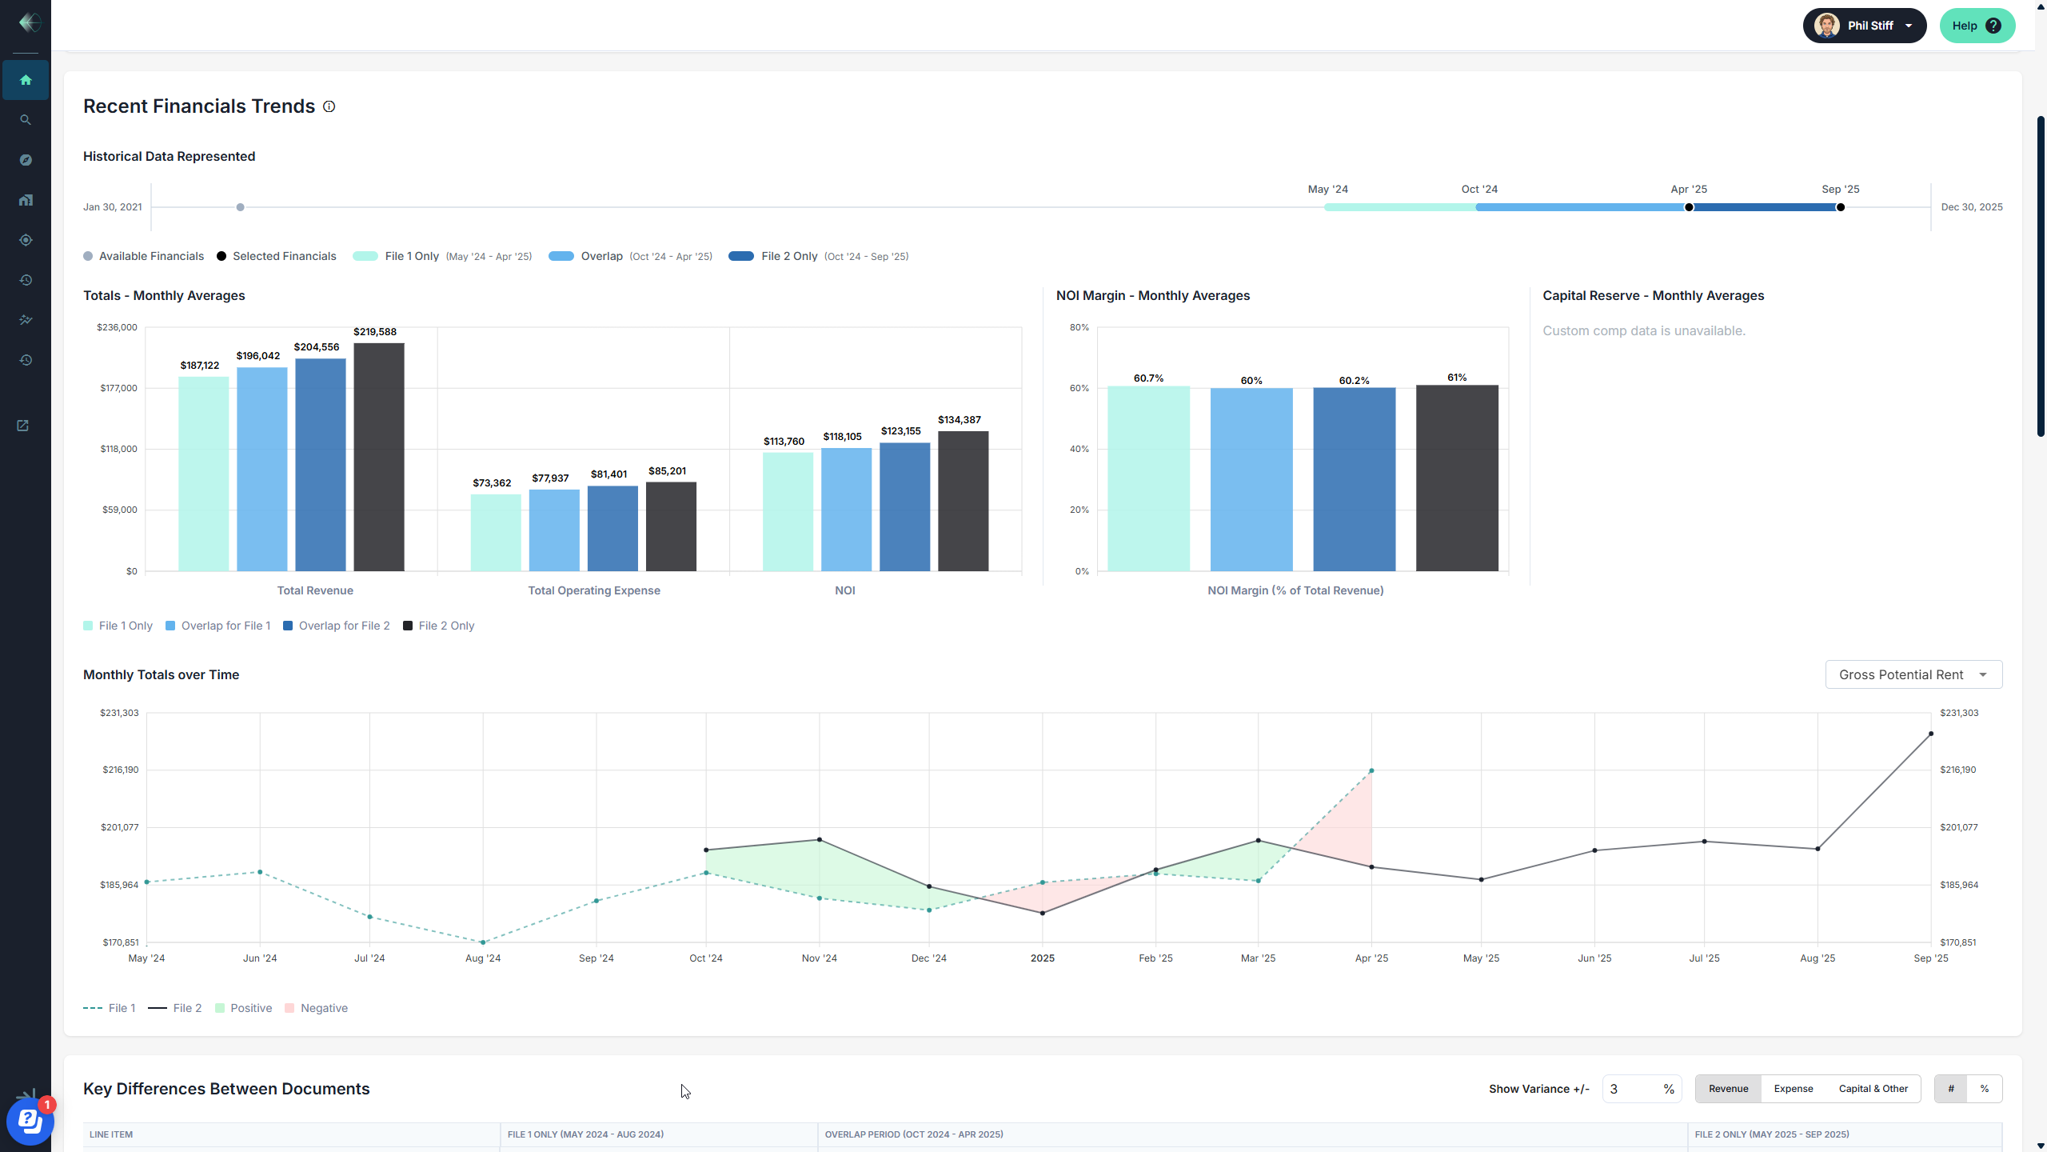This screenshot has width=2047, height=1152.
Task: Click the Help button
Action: pos(1976,26)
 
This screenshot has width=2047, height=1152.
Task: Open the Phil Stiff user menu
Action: pos(1864,26)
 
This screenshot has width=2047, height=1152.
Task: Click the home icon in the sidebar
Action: pos(26,80)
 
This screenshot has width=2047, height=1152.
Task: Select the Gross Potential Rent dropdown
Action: pos(1913,674)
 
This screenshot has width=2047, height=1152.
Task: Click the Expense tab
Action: pos(1793,1089)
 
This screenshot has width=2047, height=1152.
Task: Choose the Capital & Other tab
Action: pos(1873,1089)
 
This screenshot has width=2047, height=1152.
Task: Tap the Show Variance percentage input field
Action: pos(1632,1089)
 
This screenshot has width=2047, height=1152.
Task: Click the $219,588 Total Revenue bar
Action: pos(379,457)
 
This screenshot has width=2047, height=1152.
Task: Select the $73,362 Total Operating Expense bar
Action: pos(496,532)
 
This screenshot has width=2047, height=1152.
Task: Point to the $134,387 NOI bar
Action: pos(963,501)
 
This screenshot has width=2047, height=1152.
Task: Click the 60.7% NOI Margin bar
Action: pos(1148,478)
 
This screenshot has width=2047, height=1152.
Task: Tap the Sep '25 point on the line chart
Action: pos(1931,734)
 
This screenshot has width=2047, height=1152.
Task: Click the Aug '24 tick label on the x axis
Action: pos(483,958)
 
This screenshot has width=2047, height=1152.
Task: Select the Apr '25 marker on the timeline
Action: pos(1689,207)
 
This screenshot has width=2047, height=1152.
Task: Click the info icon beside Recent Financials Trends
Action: pos(329,106)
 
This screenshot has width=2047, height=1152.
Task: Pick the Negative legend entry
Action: pos(317,1008)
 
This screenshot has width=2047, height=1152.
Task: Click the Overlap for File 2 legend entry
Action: pos(337,626)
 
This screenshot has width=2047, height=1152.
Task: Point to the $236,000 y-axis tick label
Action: pos(117,327)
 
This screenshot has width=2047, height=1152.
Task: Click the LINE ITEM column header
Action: pos(111,1134)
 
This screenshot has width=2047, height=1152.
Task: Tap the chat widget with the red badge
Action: pos(30,1121)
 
